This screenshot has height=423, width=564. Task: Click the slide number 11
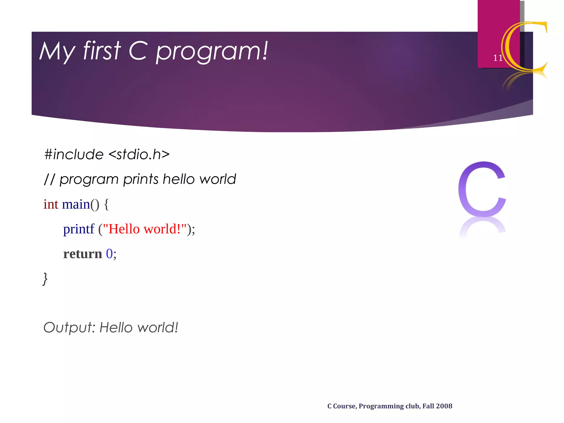(x=498, y=58)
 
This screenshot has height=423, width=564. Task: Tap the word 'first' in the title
(x=102, y=51)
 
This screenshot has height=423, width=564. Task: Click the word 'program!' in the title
(x=211, y=52)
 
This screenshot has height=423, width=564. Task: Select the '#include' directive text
(x=74, y=154)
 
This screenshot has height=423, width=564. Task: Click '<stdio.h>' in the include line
(x=139, y=154)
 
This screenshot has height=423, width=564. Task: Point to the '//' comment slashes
(x=50, y=180)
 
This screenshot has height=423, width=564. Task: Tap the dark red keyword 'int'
(x=51, y=204)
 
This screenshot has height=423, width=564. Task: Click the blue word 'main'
(x=76, y=204)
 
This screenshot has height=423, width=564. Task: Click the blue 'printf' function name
(x=78, y=229)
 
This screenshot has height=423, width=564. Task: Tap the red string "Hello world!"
(x=145, y=229)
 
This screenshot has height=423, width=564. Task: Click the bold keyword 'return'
(x=83, y=254)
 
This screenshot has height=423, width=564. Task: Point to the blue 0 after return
(x=109, y=254)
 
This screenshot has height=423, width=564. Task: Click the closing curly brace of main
(x=45, y=279)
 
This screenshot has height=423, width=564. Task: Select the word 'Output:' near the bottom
(x=69, y=328)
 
